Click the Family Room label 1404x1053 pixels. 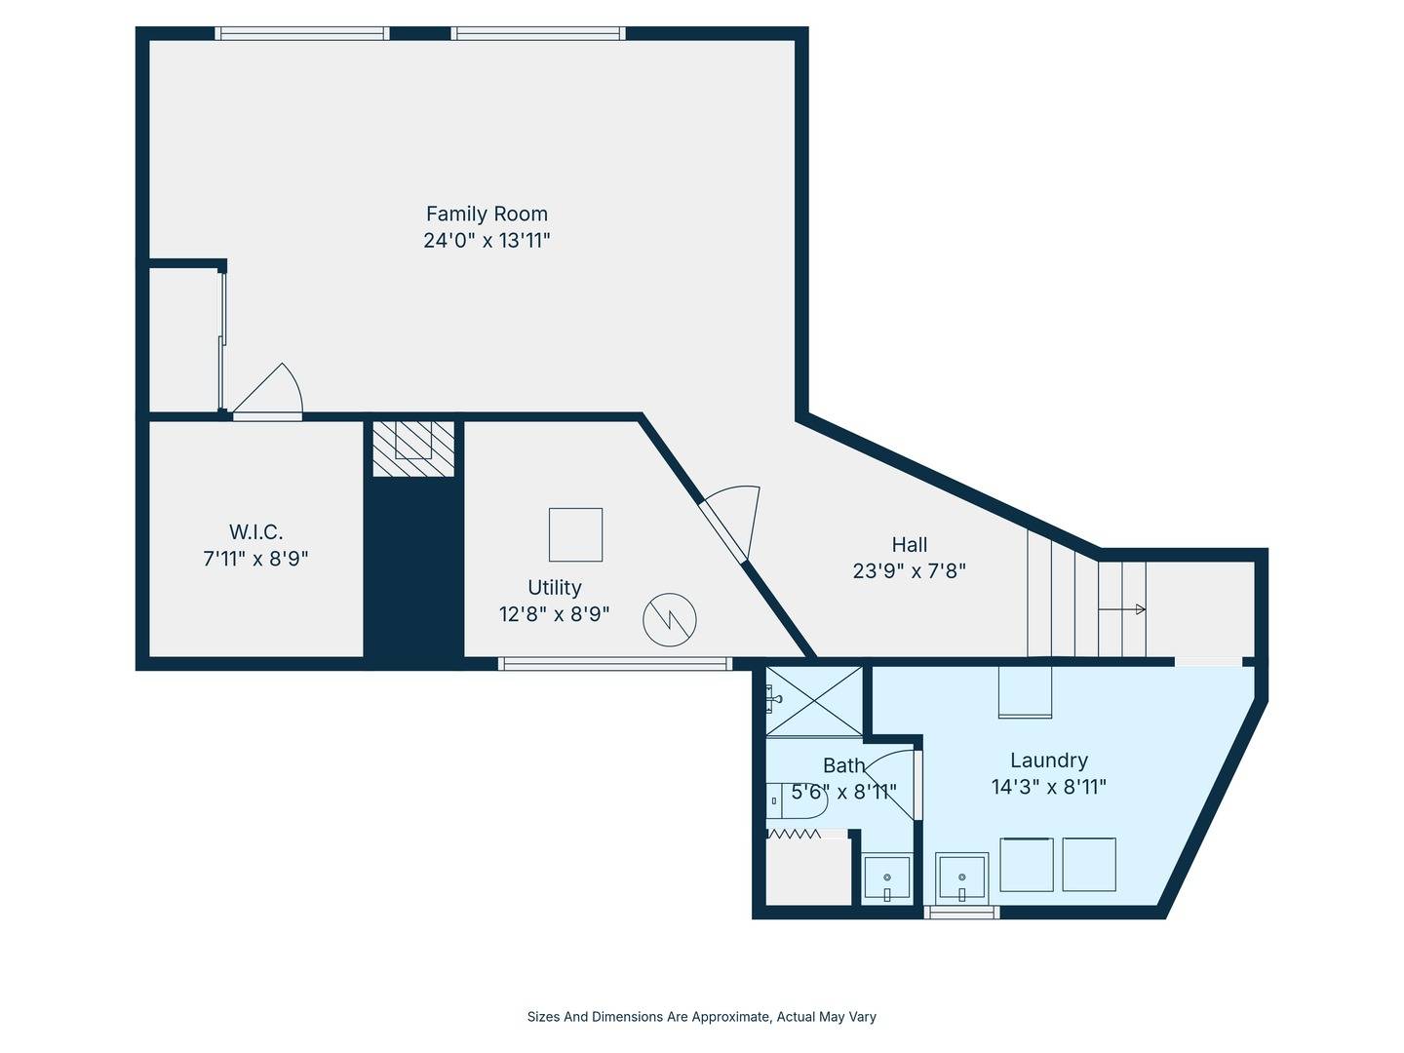coord(487,214)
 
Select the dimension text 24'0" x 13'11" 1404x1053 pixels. coord(487,241)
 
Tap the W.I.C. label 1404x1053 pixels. coord(255,532)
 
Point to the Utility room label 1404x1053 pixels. coord(555,587)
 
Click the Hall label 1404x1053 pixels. coord(910,545)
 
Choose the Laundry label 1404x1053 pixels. coord(1049,760)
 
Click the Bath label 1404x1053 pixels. coord(843,764)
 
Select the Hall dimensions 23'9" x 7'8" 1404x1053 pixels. coord(909,571)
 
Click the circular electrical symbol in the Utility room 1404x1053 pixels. coord(670,619)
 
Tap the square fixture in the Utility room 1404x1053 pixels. coord(575,534)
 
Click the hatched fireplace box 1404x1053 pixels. coord(413,448)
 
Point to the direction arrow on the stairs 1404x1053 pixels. coord(1121,609)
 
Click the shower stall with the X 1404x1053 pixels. coord(814,701)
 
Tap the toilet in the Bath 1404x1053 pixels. coord(798,799)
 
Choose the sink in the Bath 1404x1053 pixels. coord(886,878)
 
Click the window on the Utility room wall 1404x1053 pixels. coord(614,664)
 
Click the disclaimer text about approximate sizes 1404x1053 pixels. coord(702,1017)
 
